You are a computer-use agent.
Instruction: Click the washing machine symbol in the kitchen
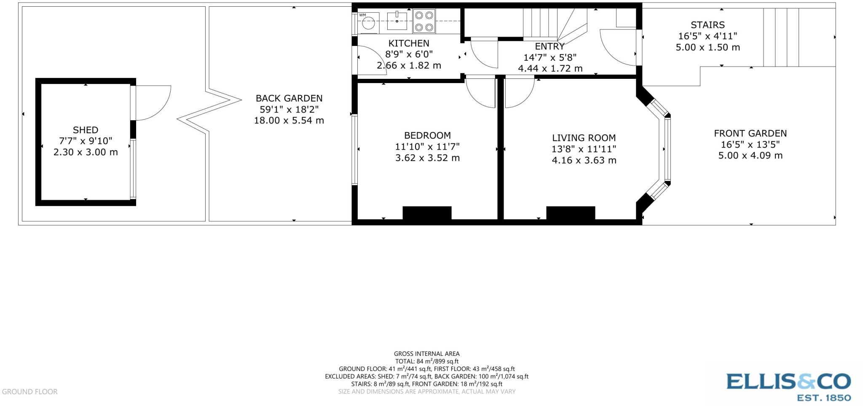pyautogui.click(x=368, y=23)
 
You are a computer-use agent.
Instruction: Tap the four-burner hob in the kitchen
pyautogui.click(x=424, y=21)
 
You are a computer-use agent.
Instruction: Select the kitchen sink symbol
pyautogui.click(x=397, y=21)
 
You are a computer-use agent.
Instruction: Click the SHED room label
pyautogui.click(x=86, y=130)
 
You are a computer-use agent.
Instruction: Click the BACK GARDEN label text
pyautogui.click(x=289, y=98)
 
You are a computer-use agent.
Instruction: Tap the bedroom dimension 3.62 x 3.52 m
pyautogui.click(x=427, y=158)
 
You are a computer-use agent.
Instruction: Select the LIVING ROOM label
pyautogui.click(x=584, y=138)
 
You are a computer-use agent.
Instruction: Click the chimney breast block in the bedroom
pyautogui.click(x=427, y=213)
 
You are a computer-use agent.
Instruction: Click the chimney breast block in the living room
pyautogui.click(x=571, y=213)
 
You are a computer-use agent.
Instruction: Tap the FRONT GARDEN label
pyautogui.click(x=750, y=133)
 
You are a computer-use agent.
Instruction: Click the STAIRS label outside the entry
pyautogui.click(x=708, y=25)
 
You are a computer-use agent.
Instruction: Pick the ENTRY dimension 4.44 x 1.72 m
pyautogui.click(x=550, y=68)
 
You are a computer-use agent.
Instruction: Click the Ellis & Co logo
pyautogui.click(x=788, y=386)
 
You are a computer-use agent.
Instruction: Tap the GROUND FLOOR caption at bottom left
pyautogui.click(x=29, y=392)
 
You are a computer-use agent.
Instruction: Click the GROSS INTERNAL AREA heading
pyautogui.click(x=426, y=354)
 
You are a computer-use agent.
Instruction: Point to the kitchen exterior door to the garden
pyautogui.click(x=371, y=61)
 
